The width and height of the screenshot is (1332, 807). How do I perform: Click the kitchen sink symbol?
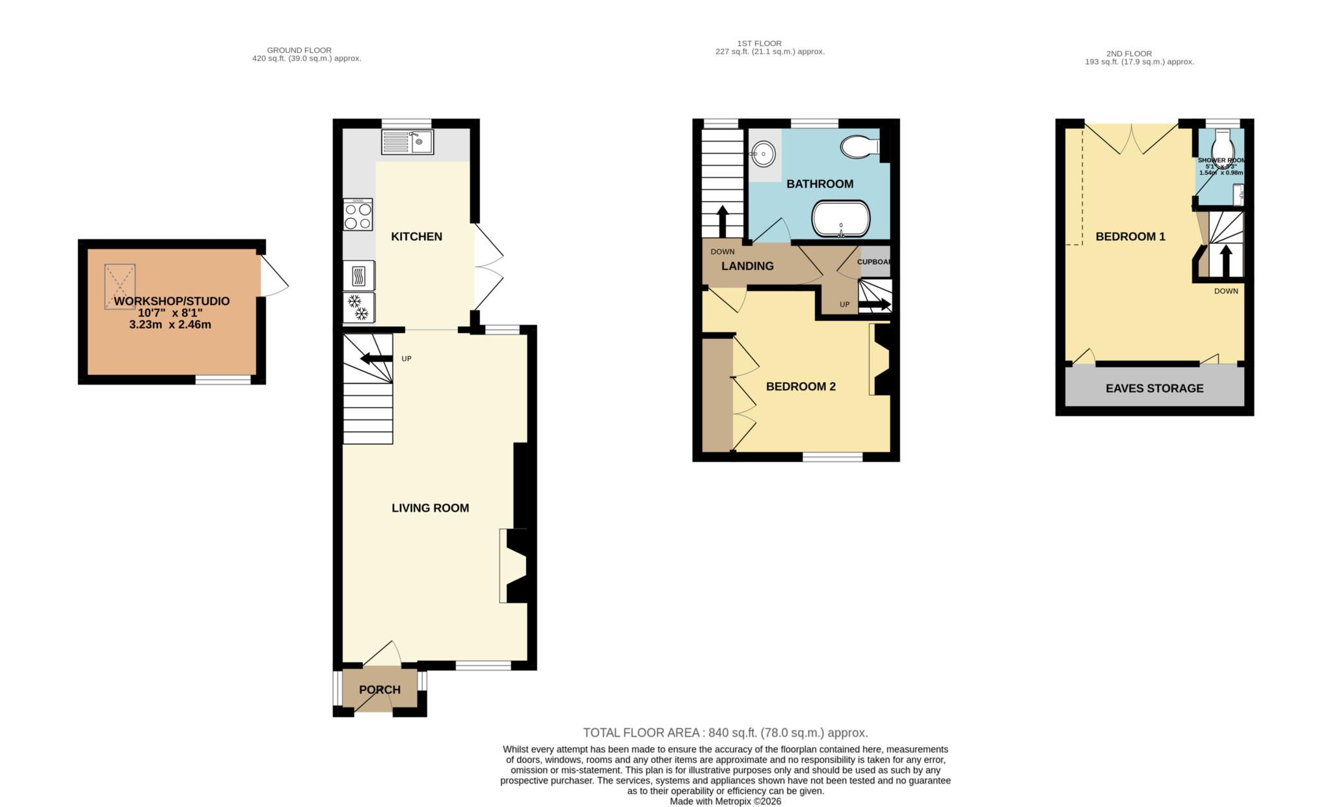407,142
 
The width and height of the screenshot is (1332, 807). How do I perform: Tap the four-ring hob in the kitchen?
358,215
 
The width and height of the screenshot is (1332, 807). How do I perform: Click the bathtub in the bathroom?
840,219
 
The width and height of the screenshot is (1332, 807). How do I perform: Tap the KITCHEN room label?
416,237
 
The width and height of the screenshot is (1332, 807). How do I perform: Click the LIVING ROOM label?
430,508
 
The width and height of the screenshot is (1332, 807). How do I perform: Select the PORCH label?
379,690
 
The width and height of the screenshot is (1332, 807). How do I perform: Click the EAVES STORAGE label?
1154,389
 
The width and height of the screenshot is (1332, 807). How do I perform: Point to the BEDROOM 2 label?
801,387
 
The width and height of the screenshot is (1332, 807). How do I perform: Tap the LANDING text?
747,266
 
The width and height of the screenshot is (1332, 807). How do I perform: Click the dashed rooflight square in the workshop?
120,286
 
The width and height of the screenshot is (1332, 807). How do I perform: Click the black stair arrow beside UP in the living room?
376,359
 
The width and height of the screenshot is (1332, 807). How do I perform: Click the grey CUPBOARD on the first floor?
875,261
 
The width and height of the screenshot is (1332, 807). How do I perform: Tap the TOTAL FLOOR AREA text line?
725,733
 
